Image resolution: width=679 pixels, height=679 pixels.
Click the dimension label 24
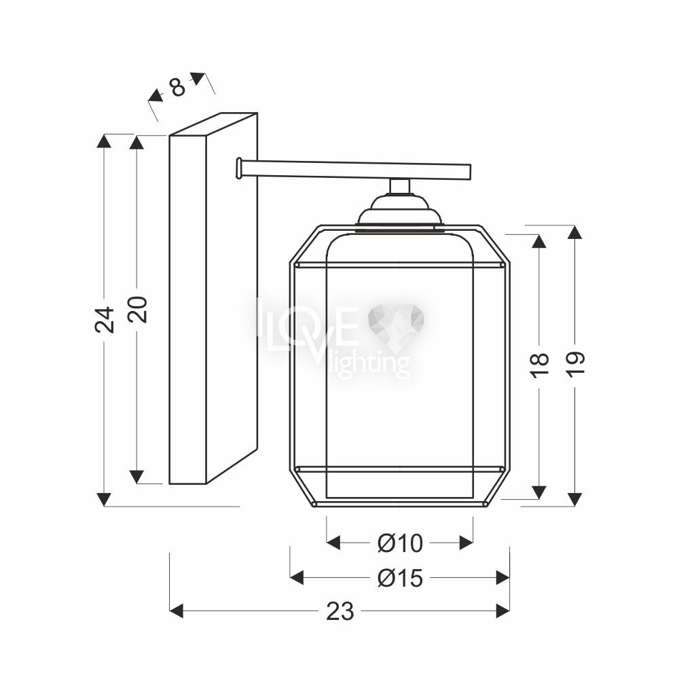coord(105,320)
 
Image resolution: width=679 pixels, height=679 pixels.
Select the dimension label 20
coord(139,310)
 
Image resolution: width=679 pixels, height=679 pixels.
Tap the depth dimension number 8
coord(177,87)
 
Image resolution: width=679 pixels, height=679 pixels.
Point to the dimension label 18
coord(540,365)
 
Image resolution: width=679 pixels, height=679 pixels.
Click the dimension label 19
coord(576,365)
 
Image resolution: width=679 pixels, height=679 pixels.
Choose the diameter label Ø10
coord(400,543)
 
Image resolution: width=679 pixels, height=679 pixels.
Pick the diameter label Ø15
coord(400,578)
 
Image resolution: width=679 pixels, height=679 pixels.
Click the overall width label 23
coord(340,612)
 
